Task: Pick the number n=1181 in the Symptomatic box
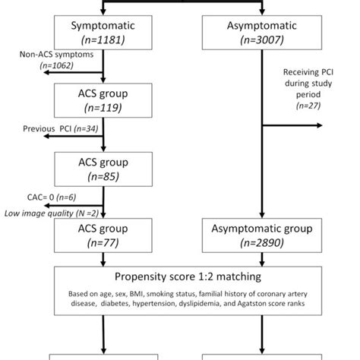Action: pos(103,39)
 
